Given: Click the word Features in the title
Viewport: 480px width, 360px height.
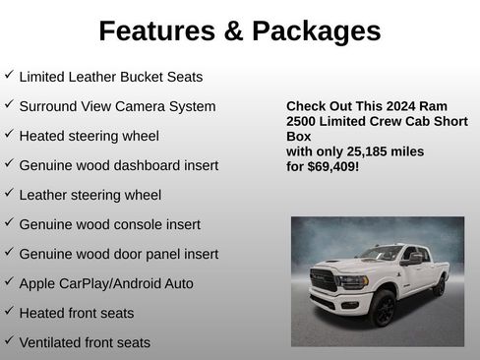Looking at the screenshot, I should [156, 31].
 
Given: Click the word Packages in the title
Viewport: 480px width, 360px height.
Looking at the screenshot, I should [316, 31].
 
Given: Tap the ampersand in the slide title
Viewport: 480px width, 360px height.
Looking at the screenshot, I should [232, 31].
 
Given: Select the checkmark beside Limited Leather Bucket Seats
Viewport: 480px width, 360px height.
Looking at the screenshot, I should [9, 75].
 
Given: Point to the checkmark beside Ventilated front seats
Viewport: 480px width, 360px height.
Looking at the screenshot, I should [9, 341].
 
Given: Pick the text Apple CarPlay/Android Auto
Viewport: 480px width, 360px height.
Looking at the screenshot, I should [106, 283].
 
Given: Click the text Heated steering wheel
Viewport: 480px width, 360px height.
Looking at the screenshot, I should [89, 136].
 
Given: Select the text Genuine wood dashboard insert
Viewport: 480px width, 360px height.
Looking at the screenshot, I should [118, 165].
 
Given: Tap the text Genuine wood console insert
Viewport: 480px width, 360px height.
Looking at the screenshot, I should [109, 224].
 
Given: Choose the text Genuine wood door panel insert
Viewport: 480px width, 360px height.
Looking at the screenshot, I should [118, 254].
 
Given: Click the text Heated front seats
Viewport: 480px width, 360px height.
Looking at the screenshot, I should [76, 313].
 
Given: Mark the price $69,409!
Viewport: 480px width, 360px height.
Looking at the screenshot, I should [333, 167].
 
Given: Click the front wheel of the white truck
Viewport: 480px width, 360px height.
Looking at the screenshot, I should [382, 308].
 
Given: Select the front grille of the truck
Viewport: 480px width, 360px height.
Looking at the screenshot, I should [324, 280].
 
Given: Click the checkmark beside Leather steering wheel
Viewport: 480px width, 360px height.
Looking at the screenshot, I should [9, 194].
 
